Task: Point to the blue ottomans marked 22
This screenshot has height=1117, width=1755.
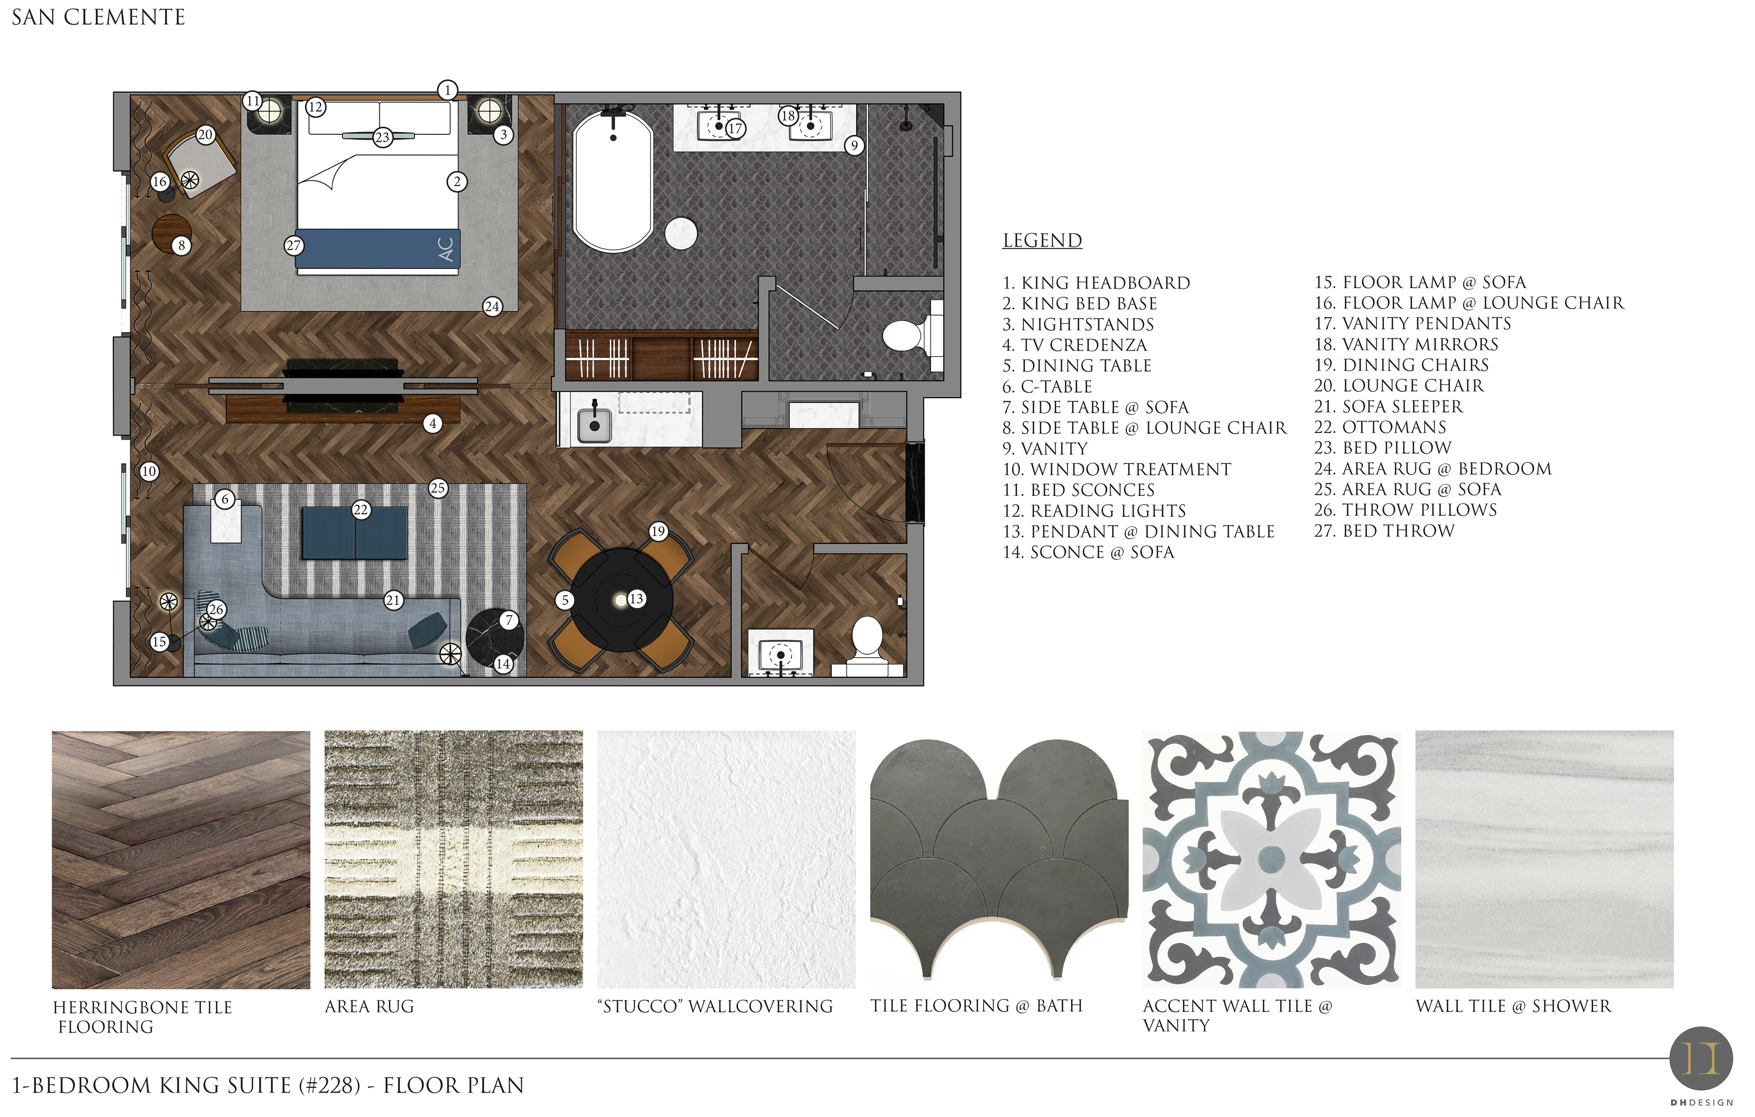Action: tap(355, 533)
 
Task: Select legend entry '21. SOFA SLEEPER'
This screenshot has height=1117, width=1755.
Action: tap(1388, 407)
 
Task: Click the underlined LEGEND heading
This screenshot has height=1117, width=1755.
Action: tap(1042, 240)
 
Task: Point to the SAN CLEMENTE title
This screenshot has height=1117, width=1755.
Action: tap(98, 17)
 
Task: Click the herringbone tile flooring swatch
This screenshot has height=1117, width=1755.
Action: tap(181, 860)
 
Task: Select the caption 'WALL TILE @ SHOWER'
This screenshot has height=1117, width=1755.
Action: tap(1513, 1006)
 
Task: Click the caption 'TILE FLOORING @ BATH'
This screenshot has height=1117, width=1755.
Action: tap(977, 1006)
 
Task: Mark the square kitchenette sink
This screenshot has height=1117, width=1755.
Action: tap(595, 425)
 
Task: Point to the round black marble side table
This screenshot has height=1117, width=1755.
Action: tap(495, 637)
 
